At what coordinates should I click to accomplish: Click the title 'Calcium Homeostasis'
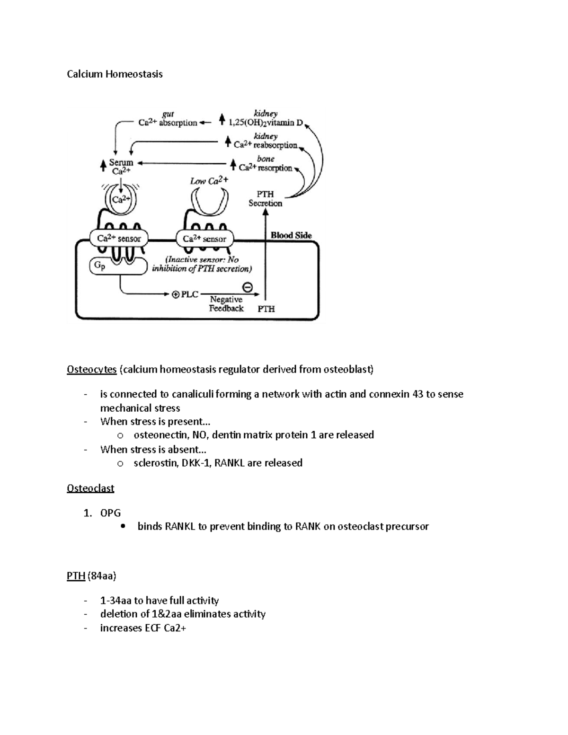click(115, 74)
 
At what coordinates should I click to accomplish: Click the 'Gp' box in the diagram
click(99, 266)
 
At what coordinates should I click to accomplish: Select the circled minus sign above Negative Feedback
click(247, 287)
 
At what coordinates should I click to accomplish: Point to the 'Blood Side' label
click(291, 235)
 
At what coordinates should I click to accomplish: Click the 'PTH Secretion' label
click(265, 199)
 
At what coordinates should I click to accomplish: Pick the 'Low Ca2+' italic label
click(209, 181)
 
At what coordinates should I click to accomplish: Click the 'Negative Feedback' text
click(226, 304)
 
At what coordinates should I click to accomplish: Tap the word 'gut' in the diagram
click(168, 114)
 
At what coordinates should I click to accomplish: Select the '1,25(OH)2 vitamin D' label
click(266, 123)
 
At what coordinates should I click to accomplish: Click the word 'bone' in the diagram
click(266, 159)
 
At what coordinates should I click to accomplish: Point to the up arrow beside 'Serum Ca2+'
click(103, 166)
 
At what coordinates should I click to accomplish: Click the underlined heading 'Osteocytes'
click(92, 370)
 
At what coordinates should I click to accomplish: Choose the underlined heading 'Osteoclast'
click(90, 488)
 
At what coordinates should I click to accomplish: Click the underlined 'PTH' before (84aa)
click(76, 576)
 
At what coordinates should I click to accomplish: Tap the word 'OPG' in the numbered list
click(110, 513)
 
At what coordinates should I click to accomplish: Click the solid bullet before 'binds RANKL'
click(123, 526)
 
